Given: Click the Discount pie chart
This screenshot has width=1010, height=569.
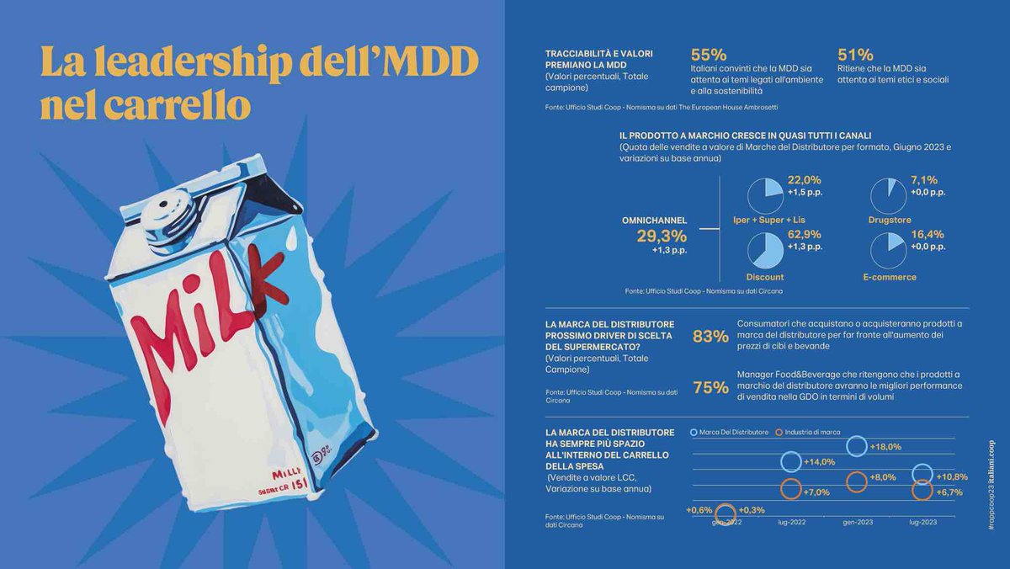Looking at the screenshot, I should point(764,252).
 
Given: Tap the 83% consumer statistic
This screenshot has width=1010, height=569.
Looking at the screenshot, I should point(710,337).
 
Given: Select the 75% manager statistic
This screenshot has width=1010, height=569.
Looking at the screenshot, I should point(710,387).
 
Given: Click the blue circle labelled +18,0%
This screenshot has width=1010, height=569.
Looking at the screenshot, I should point(857,446).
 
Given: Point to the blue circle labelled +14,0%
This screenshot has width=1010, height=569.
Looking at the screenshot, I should point(791,461).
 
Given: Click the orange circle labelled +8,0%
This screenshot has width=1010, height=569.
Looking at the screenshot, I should point(857,481).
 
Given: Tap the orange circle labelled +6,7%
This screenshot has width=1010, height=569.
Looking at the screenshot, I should point(922,490).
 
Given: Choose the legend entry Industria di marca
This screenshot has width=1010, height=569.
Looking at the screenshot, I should point(812,432).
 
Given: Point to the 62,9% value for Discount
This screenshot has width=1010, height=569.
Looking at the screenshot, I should point(804,235).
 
